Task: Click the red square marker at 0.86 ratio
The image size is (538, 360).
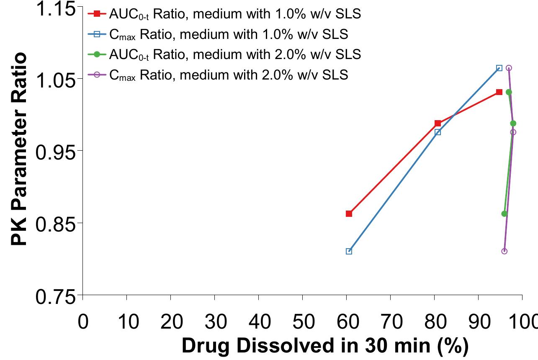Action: [349, 213]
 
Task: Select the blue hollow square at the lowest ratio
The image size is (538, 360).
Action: [349, 251]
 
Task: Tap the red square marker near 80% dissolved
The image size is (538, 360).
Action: [438, 123]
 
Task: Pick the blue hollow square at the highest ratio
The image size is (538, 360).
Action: [499, 68]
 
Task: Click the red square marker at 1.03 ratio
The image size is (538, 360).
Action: [499, 92]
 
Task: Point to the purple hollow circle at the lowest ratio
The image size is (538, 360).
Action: [504, 251]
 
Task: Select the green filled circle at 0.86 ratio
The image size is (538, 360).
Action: [504, 213]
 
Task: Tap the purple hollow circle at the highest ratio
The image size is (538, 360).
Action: [509, 68]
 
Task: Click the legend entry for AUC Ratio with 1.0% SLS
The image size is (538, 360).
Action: [234, 14]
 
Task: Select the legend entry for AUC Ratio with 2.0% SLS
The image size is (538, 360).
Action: [234, 54]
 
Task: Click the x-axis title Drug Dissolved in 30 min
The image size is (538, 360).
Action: [324, 347]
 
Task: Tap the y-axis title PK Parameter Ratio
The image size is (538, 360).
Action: [19, 150]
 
